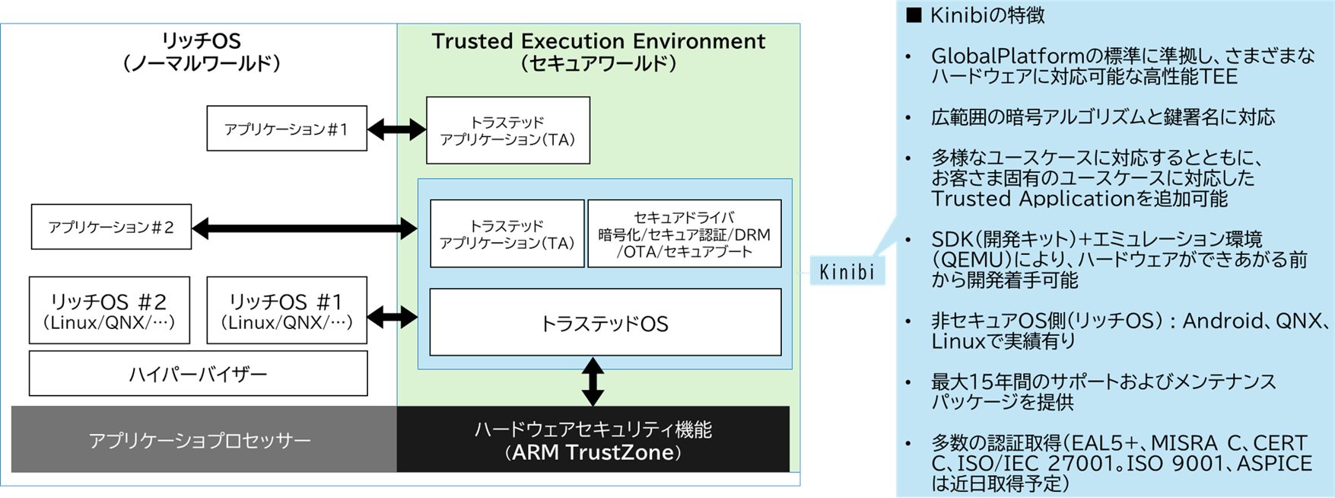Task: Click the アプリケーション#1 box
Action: pyautogui.click(x=287, y=129)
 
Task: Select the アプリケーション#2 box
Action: pyautogui.click(x=111, y=227)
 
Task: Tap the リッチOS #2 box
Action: pyautogui.click(x=110, y=311)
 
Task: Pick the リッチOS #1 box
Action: pyautogui.click(x=287, y=311)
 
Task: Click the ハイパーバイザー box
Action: pyautogui.click(x=198, y=374)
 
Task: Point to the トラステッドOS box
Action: pyautogui.click(x=605, y=323)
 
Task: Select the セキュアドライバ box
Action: pyautogui.click(x=684, y=234)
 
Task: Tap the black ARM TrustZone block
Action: pyautogui.click(x=593, y=440)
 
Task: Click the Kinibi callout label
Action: pyautogui.click(x=847, y=272)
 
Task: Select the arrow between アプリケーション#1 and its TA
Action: pyautogui.click(x=396, y=130)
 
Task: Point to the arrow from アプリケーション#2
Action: pyautogui.click(x=304, y=228)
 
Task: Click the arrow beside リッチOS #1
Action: pyautogui.click(x=393, y=315)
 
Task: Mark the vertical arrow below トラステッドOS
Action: pyautogui.click(x=593, y=381)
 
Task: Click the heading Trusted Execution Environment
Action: pyautogui.click(x=598, y=41)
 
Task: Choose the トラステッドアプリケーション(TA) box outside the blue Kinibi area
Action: pyautogui.click(x=507, y=130)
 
